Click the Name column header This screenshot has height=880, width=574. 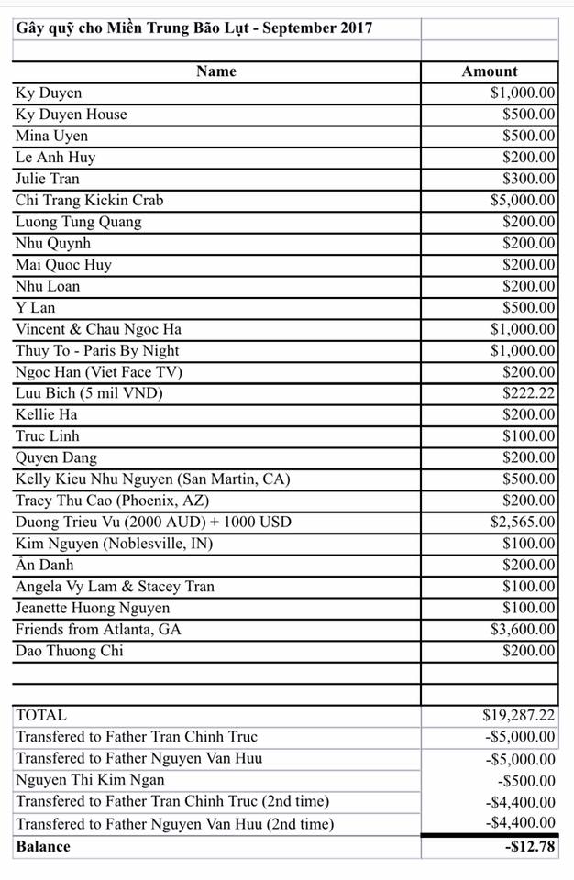coord(215,71)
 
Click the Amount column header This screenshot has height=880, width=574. coord(490,71)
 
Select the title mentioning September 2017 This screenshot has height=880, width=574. coord(194,27)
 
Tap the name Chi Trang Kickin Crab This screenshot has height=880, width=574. coord(89,200)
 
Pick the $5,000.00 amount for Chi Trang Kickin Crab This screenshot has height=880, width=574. coord(523,200)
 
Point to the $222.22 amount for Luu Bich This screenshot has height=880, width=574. coord(529,393)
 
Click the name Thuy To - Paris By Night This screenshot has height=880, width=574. coord(97,350)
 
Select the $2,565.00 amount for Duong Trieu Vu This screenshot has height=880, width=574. coord(523,522)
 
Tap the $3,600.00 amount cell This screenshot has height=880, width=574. coord(523,629)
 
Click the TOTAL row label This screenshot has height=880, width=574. coord(41,715)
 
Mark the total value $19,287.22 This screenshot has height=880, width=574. coord(519,715)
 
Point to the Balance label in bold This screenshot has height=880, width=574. coord(43,846)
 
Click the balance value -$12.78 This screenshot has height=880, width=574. coord(530,846)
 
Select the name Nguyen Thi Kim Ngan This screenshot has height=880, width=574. coord(90,780)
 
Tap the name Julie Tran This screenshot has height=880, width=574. coord(48,179)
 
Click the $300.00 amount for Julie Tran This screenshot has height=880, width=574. coord(529,179)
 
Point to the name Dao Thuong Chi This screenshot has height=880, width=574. coord(69,651)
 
